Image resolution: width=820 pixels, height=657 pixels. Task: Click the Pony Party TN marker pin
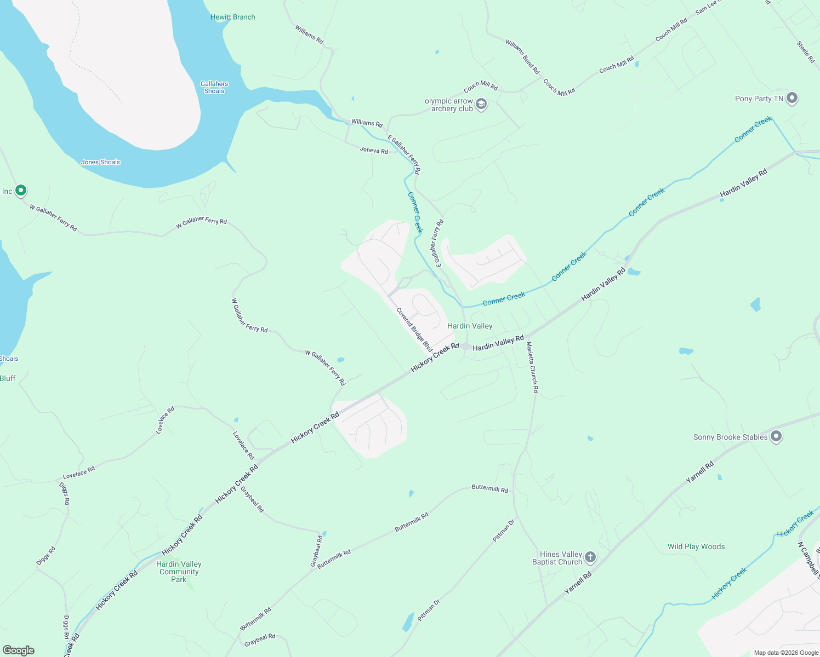[791, 98]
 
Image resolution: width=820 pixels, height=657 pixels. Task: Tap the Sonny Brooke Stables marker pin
[776, 436]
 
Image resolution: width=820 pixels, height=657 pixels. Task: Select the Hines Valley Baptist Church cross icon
[590, 557]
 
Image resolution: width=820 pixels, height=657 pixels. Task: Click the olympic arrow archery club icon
[481, 104]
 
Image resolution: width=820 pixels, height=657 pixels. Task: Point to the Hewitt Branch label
[232, 17]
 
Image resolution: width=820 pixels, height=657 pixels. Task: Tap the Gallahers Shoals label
[214, 88]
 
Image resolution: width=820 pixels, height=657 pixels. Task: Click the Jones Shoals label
[100, 162]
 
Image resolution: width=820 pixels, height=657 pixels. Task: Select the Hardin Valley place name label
[470, 326]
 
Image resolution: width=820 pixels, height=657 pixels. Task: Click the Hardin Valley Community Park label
[179, 572]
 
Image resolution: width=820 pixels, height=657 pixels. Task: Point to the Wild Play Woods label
[696, 546]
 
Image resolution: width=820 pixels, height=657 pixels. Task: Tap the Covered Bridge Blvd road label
[414, 330]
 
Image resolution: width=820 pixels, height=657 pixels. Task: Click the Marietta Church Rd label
[532, 367]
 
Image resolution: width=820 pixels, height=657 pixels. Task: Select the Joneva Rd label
[374, 150]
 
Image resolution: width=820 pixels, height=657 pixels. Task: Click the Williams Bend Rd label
[522, 56]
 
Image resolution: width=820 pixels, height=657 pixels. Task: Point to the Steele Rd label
[806, 52]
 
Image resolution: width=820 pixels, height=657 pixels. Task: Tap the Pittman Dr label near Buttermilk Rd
[504, 530]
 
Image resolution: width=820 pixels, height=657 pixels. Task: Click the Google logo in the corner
[18, 650]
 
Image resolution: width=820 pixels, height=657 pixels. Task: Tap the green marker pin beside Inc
[21, 191]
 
